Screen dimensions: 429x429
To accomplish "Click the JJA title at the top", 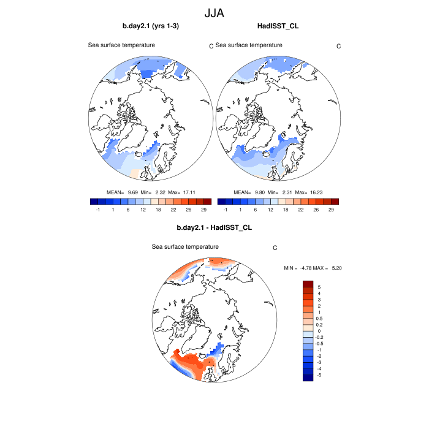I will pos(214,12).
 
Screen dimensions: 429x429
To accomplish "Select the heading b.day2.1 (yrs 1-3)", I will pos(151,26).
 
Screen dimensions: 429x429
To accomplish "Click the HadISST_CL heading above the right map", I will pos(278,26).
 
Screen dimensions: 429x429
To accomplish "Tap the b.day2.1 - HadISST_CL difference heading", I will pos(214,227).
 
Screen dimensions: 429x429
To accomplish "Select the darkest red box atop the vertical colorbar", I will pos(308,284).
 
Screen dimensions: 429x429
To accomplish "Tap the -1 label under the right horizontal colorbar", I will pos(225,210).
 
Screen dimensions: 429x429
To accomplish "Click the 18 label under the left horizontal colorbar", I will pos(158,210).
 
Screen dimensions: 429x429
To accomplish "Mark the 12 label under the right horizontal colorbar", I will pos(270,210).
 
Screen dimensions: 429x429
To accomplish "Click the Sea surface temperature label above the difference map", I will pos(185,246).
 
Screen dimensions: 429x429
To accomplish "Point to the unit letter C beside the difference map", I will pos(275,248).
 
